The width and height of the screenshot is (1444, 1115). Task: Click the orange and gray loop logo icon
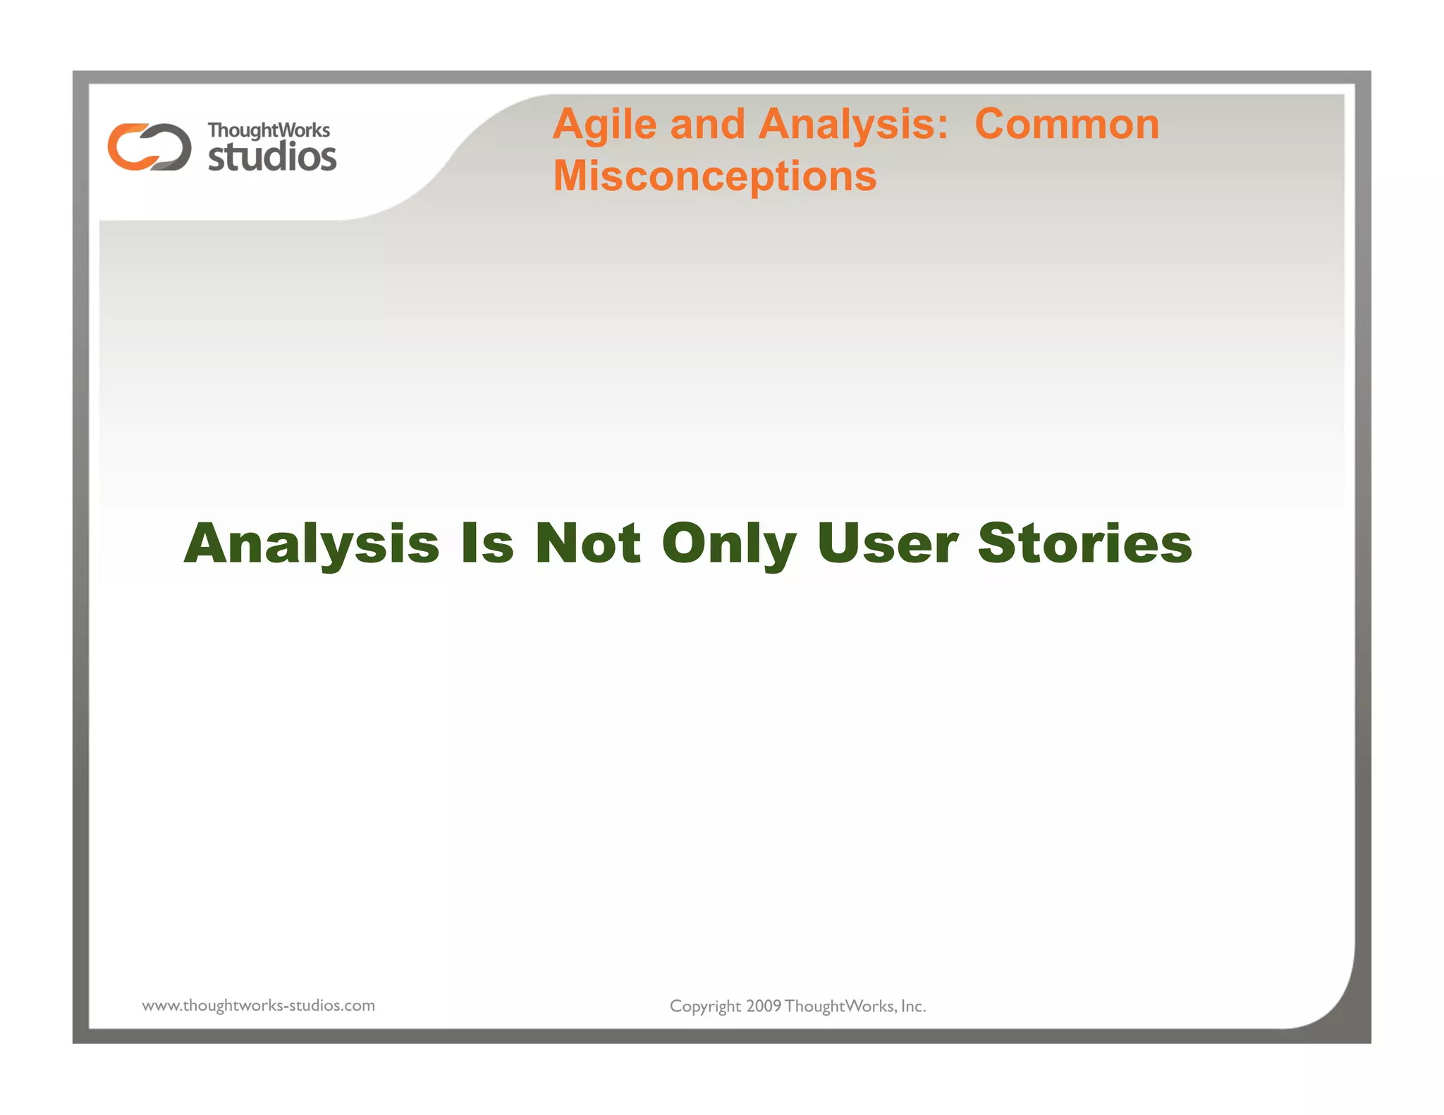(x=149, y=147)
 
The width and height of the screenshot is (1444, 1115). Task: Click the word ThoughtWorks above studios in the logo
(x=268, y=131)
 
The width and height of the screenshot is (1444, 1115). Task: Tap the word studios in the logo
(x=272, y=156)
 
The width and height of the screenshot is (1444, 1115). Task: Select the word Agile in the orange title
(x=605, y=125)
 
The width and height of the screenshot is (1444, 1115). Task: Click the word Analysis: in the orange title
(x=853, y=125)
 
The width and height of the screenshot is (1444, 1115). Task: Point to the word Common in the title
(x=1066, y=125)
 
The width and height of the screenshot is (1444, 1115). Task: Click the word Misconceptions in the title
(x=714, y=175)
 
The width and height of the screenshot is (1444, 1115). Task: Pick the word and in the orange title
(x=707, y=125)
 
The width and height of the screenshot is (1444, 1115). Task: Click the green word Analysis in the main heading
(x=312, y=545)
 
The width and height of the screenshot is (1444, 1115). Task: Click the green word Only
(x=728, y=545)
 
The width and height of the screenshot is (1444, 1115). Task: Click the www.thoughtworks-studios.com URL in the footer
(x=258, y=1006)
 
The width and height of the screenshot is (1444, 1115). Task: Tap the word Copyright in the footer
(x=705, y=1006)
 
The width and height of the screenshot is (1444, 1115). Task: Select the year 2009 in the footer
(x=764, y=1006)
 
